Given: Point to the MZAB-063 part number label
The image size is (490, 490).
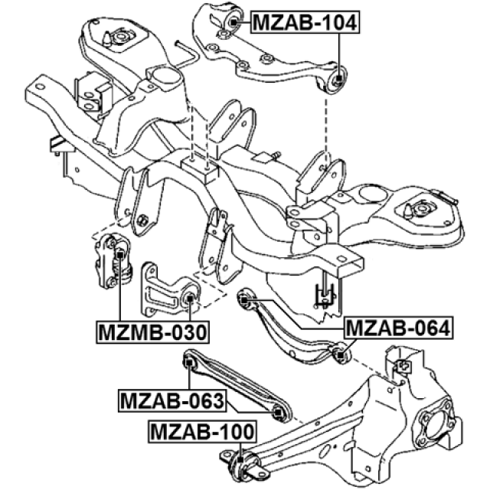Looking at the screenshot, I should pos(171,400).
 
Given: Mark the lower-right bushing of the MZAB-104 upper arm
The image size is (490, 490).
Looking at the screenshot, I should pos(337,78).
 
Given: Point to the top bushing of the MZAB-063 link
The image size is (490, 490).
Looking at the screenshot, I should pos(189,360).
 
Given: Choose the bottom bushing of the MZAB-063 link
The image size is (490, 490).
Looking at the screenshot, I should pos(279,414).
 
